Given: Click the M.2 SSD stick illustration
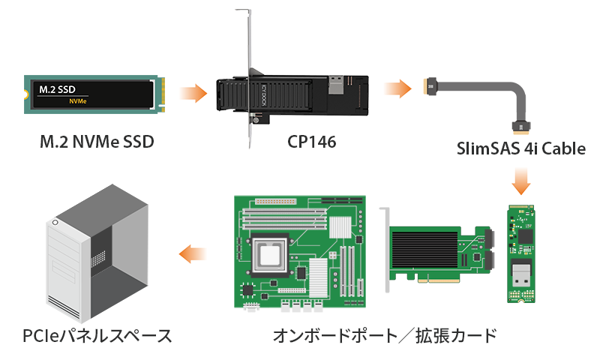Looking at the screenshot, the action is tap(94, 94).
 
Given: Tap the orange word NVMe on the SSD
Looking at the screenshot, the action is tap(78, 101).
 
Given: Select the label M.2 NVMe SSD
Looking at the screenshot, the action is tap(97, 142).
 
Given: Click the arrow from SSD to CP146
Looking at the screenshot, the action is tap(193, 93).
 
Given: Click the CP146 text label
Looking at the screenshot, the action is tap(311, 142).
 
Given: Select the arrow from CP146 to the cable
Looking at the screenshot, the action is tap(398, 88).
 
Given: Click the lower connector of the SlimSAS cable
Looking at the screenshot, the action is tap(520, 127).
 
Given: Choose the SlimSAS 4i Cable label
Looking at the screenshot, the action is tap(520, 148).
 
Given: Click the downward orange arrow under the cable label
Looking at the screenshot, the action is tap(520, 181).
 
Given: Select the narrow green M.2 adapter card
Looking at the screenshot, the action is tap(520, 253).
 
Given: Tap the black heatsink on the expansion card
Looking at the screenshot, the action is tap(424, 250).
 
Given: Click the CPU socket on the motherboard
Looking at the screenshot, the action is tap(270, 255).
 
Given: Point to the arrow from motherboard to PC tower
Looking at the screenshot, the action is tap(193, 253).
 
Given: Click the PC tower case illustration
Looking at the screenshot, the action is tap(97, 253).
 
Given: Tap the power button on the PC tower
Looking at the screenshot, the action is tap(55, 222).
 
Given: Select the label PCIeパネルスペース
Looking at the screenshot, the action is tap(97, 336).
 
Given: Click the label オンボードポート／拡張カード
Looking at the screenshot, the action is tap(385, 336).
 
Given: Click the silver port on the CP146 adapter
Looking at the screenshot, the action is tap(336, 85).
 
